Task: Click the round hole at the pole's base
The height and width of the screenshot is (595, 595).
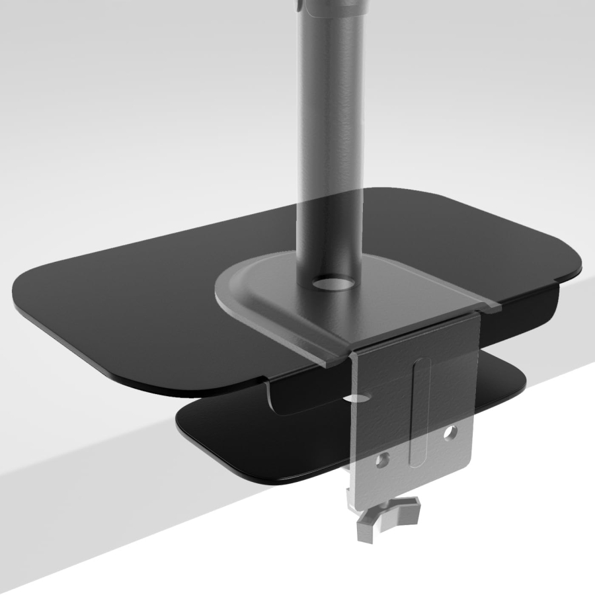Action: point(330,283)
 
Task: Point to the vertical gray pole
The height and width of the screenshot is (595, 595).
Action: point(331,132)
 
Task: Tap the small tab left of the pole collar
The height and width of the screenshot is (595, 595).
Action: point(301,7)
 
